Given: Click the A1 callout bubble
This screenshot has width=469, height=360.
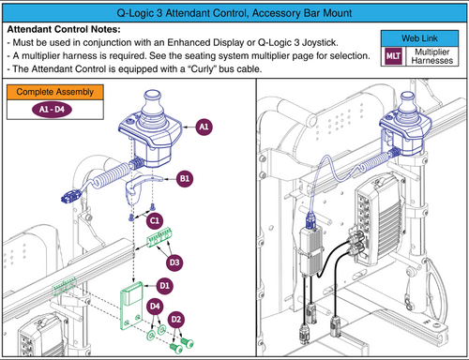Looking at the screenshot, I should (x=204, y=128).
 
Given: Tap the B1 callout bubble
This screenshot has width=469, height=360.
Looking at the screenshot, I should (x=184, y=178).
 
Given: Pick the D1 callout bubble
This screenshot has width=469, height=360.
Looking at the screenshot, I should (x=164, y=285).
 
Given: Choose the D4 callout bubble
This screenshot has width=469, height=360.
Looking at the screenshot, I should (x=155, y=306).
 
